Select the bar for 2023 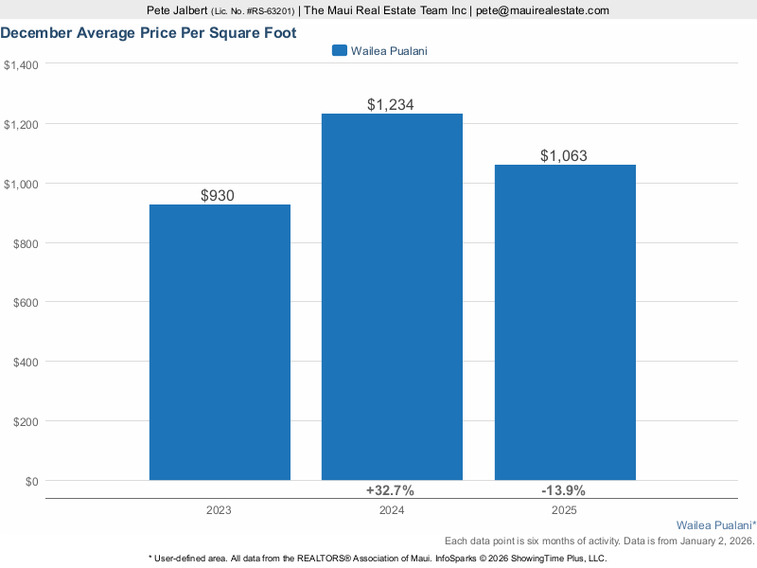click(220, 343)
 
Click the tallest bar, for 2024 click(392, 297)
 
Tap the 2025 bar click(565, 322)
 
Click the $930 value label click(218, 196)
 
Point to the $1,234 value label click(391, 105)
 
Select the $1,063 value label click(564, 156)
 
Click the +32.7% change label click(390, 490)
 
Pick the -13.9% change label click(563, 490)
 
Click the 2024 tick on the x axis click(392, 510)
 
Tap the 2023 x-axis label click(219, 510)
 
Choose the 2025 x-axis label click(564, 510)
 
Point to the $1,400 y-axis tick click(20, 64)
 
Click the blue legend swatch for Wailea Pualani click(339, 50)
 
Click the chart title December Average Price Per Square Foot click(149, 33)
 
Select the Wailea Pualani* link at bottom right click(715, 524)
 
